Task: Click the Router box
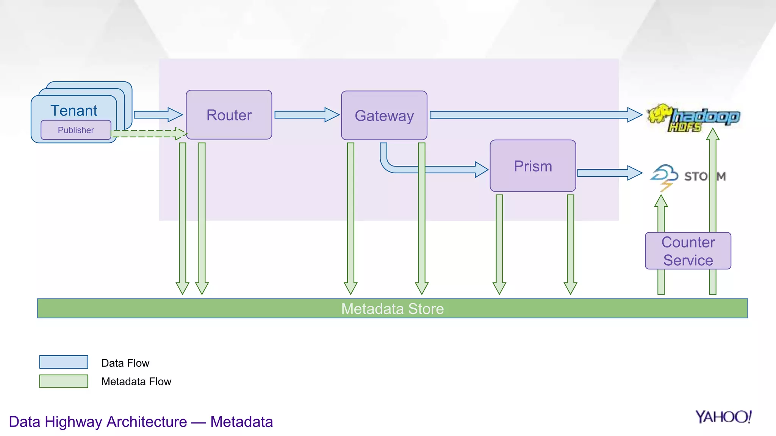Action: [x=229, y=115]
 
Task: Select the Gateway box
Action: [x=384, y=115]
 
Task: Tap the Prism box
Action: [x=532, y=166]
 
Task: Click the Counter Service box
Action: [x=688, y=251]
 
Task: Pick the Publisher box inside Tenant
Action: [x=76, y=130]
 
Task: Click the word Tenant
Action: [x=74, y=111]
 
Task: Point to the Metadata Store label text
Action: [x=392, y=309]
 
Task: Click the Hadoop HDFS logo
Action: [x=693, y=118]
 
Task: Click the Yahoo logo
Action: [x=723, y=417]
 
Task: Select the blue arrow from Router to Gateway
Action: [x=306, y=115]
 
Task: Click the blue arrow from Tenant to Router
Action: [x=158, y=115]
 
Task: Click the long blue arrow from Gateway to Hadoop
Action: [x=534, y=115]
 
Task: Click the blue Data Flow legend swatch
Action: [x=64, y=362]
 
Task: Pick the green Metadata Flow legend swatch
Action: [x=64, y=381]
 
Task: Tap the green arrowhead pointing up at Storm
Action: [x=661, y=201]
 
